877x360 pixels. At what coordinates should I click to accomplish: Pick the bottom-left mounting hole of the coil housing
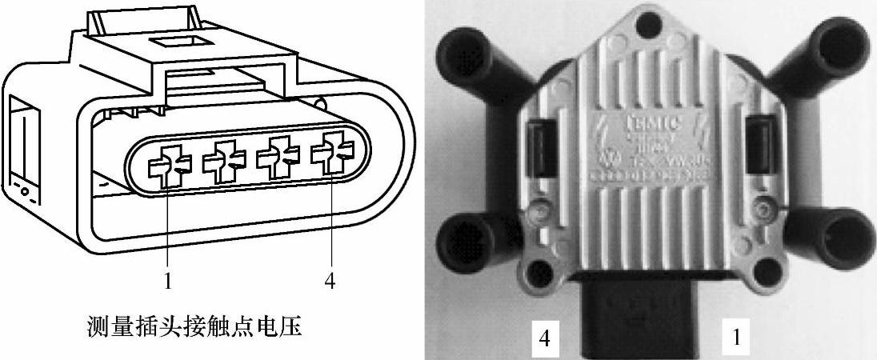tap(545, 267)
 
